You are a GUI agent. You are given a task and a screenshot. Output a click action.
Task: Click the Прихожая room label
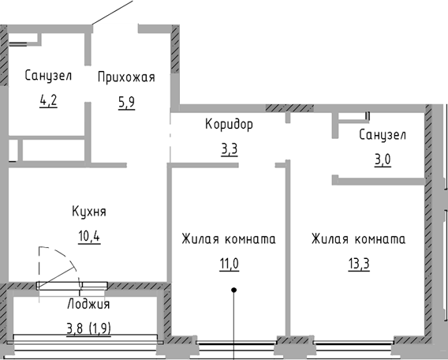click(126, 77)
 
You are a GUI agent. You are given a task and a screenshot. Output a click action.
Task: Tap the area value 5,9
click(126, 103)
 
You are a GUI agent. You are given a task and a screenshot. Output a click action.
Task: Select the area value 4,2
click(48, 101)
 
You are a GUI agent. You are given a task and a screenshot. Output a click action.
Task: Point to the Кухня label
click(89, 212)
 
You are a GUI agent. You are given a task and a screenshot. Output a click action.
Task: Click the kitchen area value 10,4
click(89, 238)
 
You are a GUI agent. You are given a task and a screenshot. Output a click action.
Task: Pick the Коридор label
click(230, 125)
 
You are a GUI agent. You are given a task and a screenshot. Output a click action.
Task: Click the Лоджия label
click(88, 304)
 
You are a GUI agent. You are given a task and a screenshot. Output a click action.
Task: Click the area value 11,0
click(230, 264)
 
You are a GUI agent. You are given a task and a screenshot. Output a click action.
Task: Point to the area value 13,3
click(359, 264)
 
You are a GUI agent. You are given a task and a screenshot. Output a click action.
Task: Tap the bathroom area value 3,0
click(383, 160)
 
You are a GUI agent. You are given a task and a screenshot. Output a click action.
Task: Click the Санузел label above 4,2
click(48, 76)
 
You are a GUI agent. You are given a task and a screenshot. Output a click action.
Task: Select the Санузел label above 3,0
click(383, 135)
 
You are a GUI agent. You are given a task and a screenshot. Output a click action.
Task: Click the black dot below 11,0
click(234, 291)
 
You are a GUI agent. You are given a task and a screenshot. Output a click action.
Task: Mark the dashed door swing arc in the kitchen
click(67, 258)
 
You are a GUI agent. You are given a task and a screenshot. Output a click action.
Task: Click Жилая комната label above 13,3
click(359, 239)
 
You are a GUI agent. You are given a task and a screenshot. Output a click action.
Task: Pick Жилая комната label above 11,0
click(229, 239)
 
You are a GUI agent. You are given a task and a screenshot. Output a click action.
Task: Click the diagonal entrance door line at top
click(113, 13)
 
